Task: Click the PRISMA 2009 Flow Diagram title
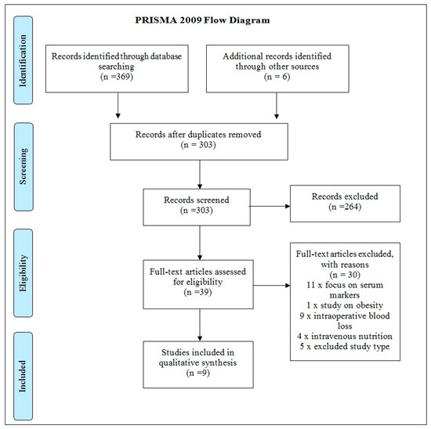click(202, 20)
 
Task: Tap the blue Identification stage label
click(23, 60)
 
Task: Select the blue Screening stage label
click(24, 167)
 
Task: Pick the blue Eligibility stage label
click(23, 273)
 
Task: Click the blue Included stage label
click(23, 376)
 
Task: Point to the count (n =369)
click(117, 77)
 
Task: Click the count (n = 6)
click(277, 77)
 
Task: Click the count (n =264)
click(345, 207)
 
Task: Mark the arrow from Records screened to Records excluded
click(270, 206)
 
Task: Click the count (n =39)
click(198, 292)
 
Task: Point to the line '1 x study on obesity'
click(345, 305)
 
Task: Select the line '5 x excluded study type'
click(345, 346)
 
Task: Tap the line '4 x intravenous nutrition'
click(345, 336)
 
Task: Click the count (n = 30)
click(345, 275)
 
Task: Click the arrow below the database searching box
click(118, 106)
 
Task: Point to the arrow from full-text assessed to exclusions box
click(272, 286)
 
